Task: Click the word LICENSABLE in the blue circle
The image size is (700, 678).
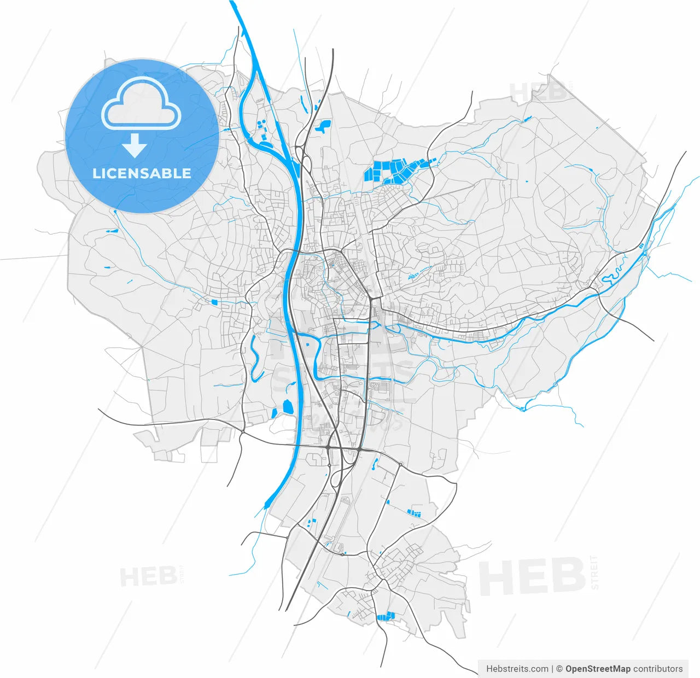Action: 142,173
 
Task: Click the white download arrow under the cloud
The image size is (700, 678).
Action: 134,147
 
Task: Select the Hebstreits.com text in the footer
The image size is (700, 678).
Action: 517,669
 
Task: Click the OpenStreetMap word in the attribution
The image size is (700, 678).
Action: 598,669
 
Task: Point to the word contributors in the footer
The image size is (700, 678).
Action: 658,669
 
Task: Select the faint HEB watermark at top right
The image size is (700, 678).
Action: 538,91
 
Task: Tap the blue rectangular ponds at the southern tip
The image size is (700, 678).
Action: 386,616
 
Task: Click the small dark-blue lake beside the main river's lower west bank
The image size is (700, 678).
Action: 287,407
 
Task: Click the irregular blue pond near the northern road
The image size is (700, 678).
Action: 322,127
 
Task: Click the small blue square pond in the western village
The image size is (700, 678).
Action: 214,301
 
